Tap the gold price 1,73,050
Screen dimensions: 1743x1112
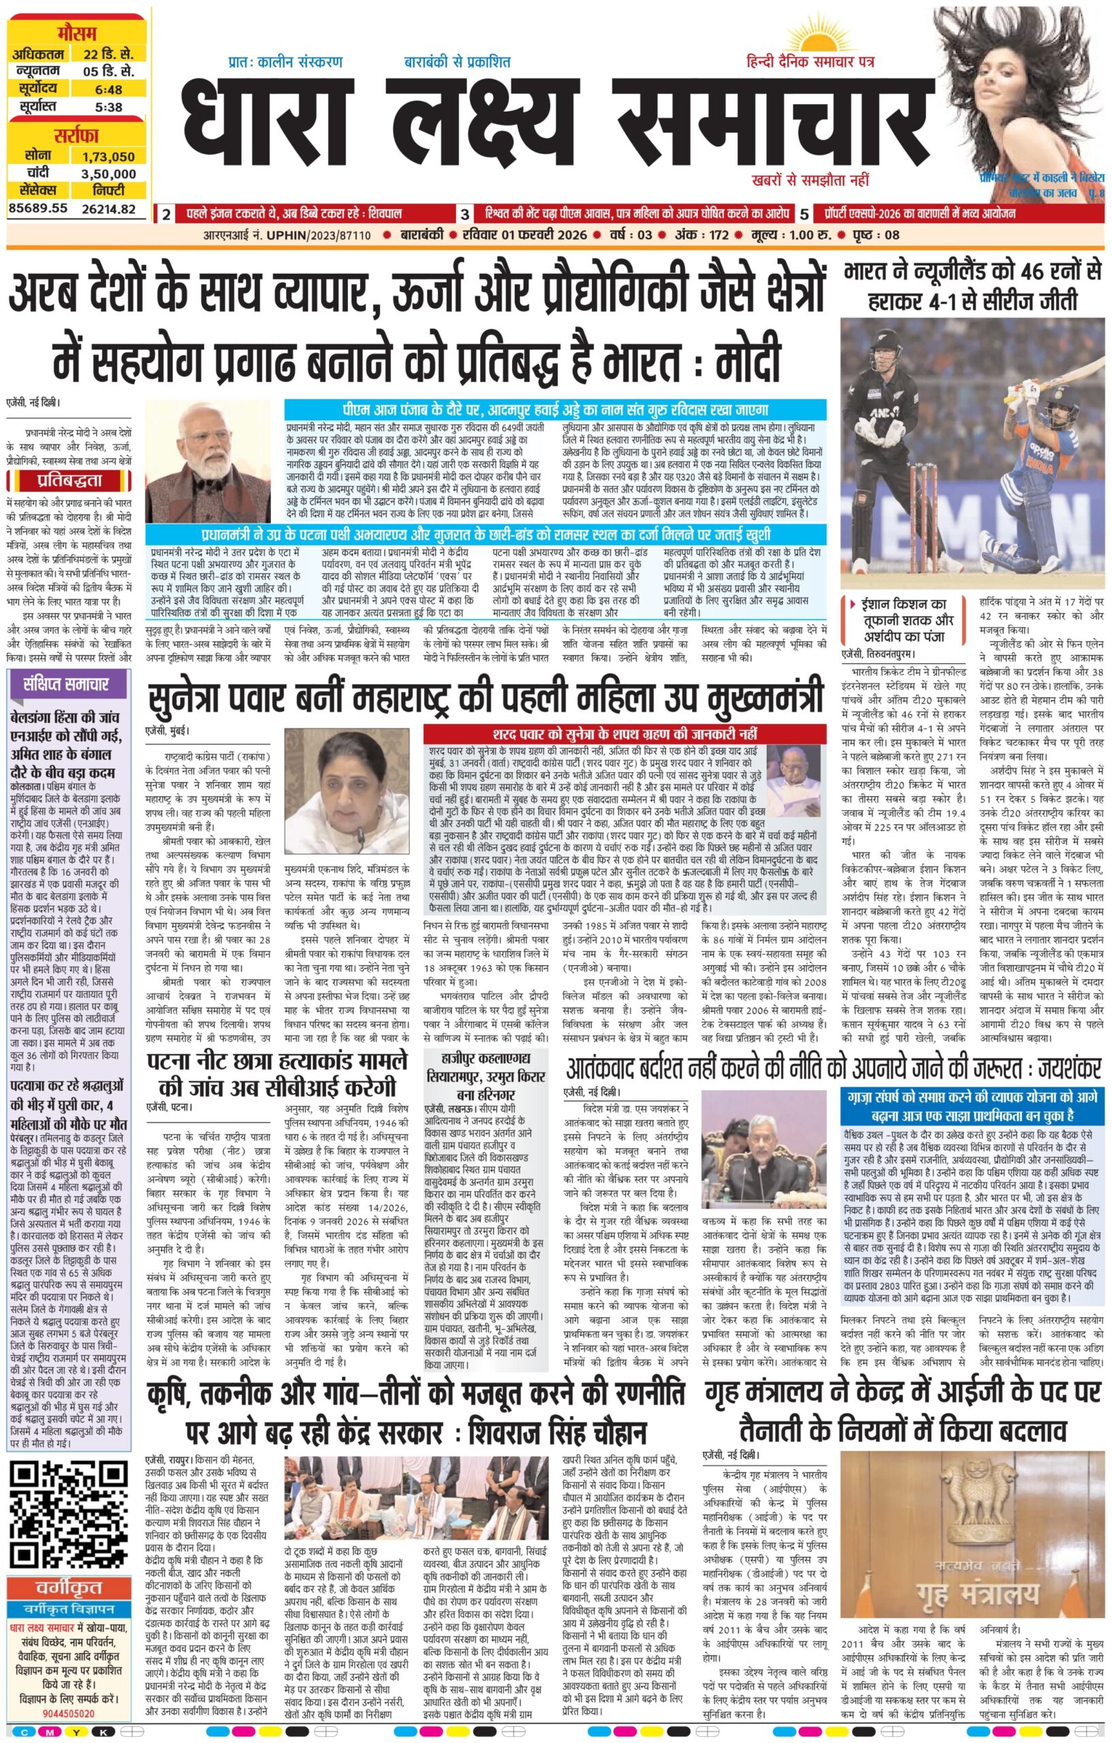pos(108,157)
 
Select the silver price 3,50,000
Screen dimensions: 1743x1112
pos(108,174)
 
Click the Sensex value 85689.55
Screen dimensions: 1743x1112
pos(37,208)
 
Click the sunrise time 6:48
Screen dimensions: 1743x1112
pos(108,90)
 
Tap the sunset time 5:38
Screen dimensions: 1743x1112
pos(108,107)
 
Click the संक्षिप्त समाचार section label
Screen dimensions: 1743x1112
pos(66,685)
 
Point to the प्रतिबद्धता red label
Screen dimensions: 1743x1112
pos(66,481)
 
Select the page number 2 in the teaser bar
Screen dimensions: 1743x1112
pos(167,215)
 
